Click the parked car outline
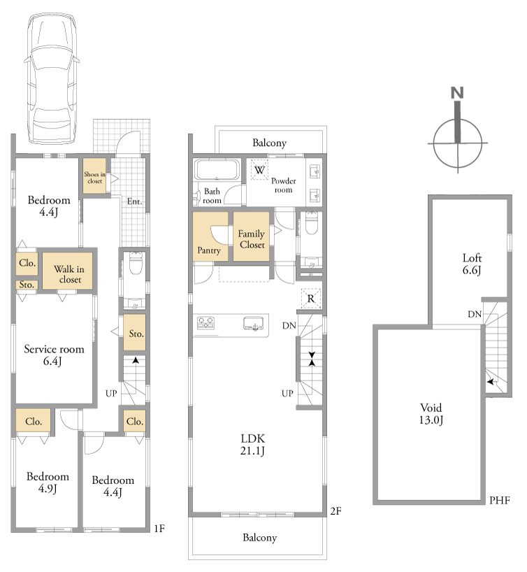tap(51, 78)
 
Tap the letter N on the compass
tap(457, 93)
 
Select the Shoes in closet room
tap(94, 176)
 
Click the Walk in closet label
tap(69, 274)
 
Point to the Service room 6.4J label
tap(54, 355)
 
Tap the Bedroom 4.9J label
tap(48, 482)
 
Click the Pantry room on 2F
tap(210, 236)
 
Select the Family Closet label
tap(252, 239)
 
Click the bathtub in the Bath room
tap(217, 170)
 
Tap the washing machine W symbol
tap(259, 170)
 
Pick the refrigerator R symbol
tap(311, 299)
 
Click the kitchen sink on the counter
tap(254, 324)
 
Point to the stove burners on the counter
tap(205, 323)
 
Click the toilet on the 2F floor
tap(311, 223)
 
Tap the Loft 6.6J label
tap(472, 264)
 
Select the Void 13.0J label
tap(431, 414)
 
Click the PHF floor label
tap(500, 500)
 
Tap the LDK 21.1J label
tap(252, 444)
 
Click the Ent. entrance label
tap(135, 201)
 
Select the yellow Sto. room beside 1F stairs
tap(135, 333)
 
